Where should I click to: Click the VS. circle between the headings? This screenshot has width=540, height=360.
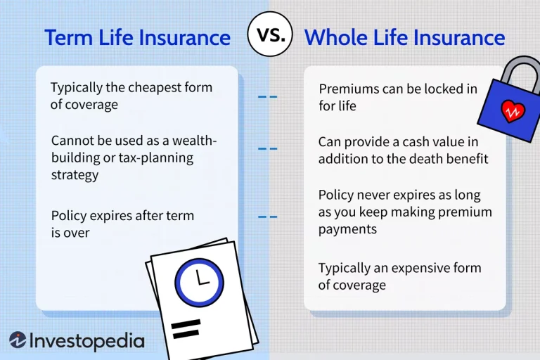click(269, 34)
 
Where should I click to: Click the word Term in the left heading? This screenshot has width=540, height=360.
click(68, 37)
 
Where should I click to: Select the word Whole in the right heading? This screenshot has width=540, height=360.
click(335, 37)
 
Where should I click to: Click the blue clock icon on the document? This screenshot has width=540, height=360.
click(200, 282)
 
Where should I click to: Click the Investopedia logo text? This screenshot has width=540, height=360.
click(86, 341)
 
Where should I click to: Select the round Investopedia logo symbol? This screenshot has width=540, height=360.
click(18, 340)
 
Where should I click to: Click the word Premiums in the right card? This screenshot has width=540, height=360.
click(348, 89)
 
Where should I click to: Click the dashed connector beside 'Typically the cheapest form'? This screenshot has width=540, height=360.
click(267, 96)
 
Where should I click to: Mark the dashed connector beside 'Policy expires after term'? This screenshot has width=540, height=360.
click(267, 217)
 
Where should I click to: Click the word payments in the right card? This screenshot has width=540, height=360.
click(347, 229)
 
